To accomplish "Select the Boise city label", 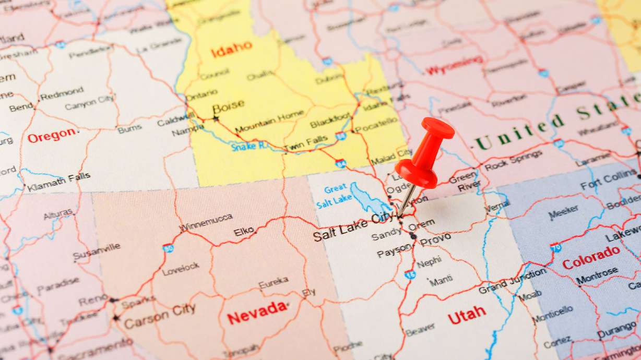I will pyautogui.click(x=228, y=105).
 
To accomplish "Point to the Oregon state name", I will pyautogui.click(x=52, y=136).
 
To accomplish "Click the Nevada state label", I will pyautogui.click(x=257, y=312).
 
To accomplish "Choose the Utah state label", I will pyautogui.click(x=467, y=315).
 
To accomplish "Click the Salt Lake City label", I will pyautogui.click(x=354, y=227).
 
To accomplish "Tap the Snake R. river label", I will pyautogui.click(x=248, y=147).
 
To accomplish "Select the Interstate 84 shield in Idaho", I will pyautogui.click(x=340, y=163).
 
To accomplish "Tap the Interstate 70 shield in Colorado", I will pyautogui.click(x=555, y=247).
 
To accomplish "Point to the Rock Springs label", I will pyautogui.click(x=513, y=160).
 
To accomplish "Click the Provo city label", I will pyautogui.click(x=435, y=239).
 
